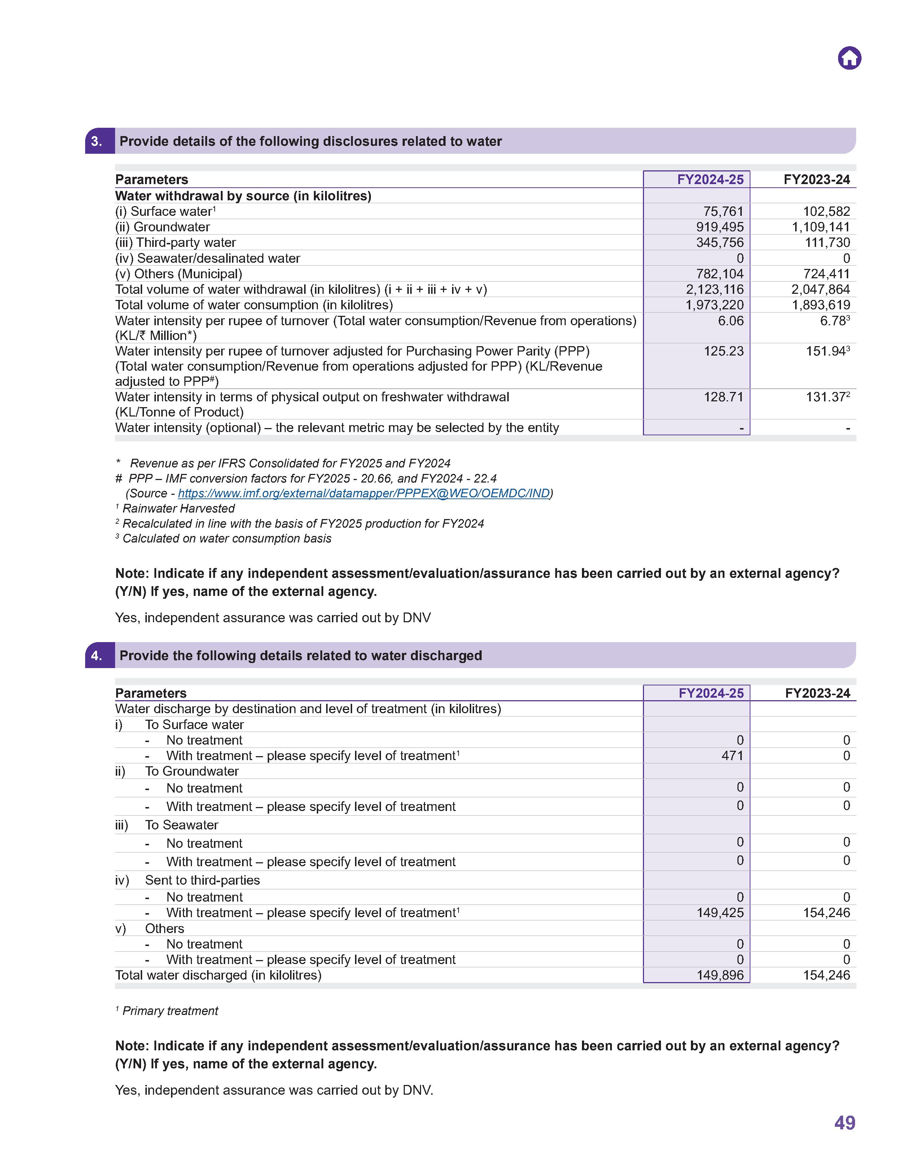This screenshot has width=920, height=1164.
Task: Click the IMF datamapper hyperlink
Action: coord(364,493)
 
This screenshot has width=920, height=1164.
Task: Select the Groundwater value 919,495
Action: coord(720,227)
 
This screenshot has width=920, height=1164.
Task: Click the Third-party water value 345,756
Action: coord(720,243)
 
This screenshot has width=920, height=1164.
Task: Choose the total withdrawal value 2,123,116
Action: coord(714,289)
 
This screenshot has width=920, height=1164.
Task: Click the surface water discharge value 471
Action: coord(732,755)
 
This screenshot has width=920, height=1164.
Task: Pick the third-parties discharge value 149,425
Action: coord(720,912)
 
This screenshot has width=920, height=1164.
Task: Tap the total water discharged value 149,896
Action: coord(720,975)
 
